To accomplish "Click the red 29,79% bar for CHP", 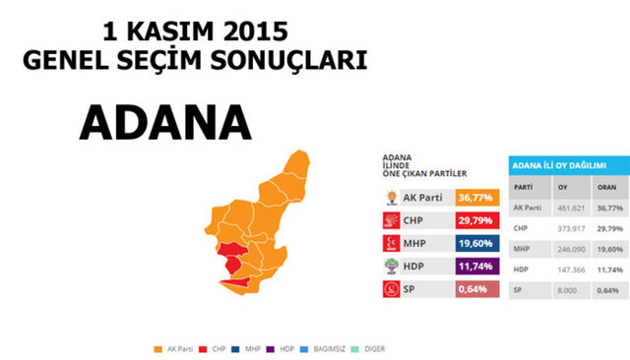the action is [x=477, y=220].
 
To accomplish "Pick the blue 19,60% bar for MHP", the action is [x=477, y=243].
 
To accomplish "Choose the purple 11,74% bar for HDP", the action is [x=477, y=267].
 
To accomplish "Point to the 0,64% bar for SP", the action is [x=477, y=289].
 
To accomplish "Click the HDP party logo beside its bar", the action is [x=391, y=267].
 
